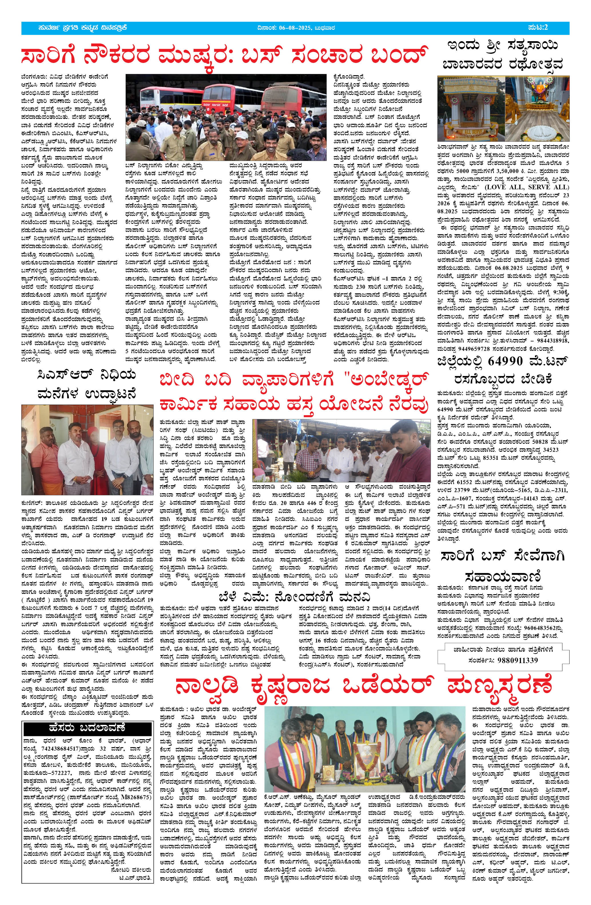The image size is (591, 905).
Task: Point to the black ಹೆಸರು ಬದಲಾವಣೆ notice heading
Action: tap(87, 728)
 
